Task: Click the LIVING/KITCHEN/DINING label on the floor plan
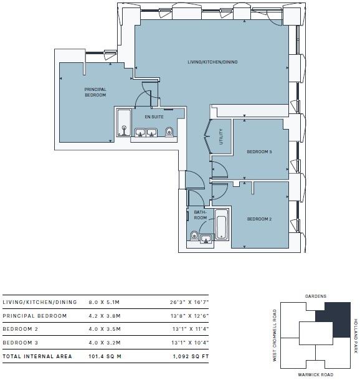pos(213,62)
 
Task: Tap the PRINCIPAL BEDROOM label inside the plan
pos(95,92)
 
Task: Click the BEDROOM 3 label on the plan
pos(259,152)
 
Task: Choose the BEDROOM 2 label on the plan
pos(259,219)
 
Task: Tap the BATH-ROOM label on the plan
pos(201,215)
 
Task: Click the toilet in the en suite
pos(169,131)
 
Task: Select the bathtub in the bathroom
pos(221,226)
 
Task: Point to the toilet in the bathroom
pos(194,235)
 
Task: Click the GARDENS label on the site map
pos(316,296)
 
